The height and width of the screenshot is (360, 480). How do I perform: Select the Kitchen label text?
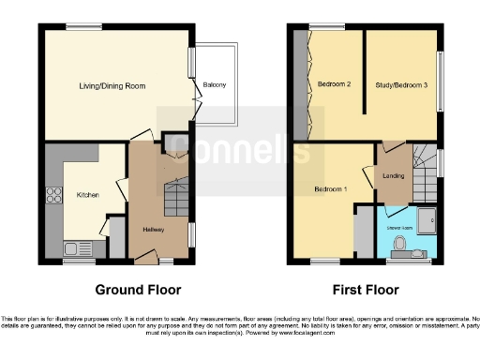[88, 195]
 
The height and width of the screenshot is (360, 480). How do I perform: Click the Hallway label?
[154, 230]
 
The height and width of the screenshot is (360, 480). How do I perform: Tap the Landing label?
[394, 174]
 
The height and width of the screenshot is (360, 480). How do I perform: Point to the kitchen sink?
[73, 249]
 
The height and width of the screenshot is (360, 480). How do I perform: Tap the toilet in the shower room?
[400, 247]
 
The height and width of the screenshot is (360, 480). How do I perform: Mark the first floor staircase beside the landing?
[427, 169]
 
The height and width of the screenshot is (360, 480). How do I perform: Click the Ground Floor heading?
[139, 290]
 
